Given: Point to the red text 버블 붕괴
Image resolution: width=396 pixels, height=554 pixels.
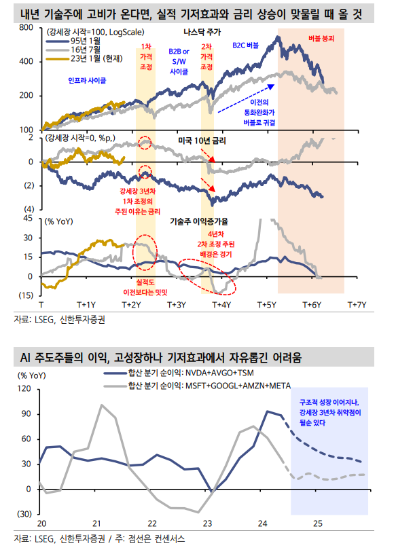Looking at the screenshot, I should (x=321, y=39).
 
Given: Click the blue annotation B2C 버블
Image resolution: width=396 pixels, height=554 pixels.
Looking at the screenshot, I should (x=246, y=45).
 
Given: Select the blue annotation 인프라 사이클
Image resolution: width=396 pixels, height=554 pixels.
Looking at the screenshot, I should (x=88, y=80).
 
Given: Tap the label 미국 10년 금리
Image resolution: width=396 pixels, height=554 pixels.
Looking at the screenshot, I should (x=201, y=140).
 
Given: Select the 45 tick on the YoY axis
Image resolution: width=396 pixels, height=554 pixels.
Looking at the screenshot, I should (x=27, y=219).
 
